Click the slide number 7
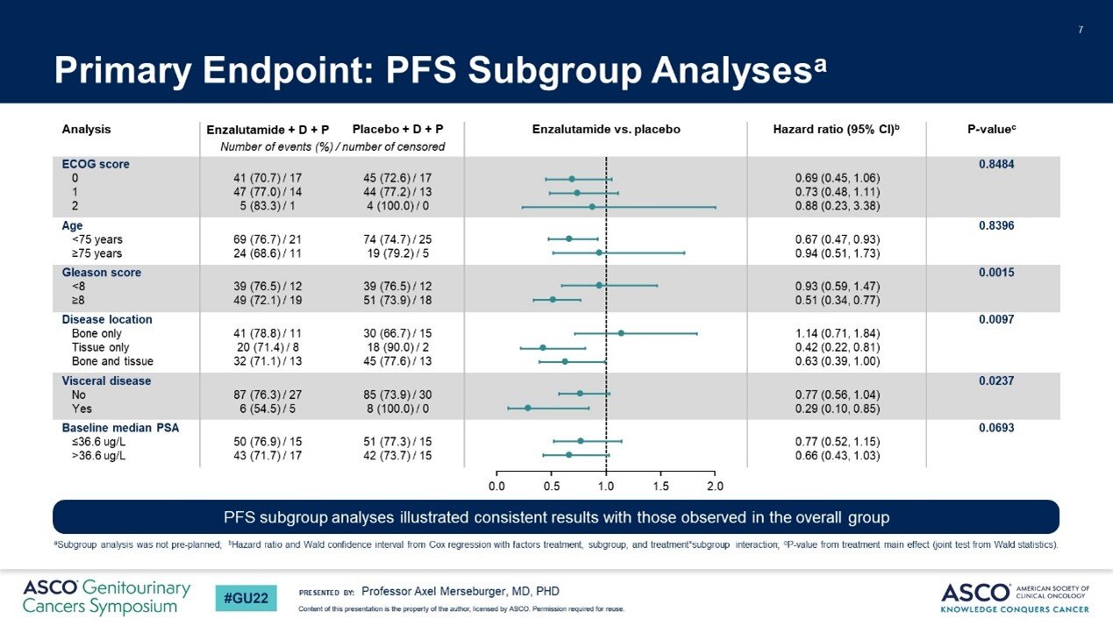1081,32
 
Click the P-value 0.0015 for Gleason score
996,273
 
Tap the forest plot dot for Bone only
621,333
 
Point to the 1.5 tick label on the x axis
660,486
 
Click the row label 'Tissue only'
102,347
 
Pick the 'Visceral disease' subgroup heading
106,381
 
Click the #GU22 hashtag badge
247,598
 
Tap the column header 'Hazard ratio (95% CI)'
836,130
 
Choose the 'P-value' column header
991,130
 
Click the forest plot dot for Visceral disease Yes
528,409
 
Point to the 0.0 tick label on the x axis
496,486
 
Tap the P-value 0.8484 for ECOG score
996,164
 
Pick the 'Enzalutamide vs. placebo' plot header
606,130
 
